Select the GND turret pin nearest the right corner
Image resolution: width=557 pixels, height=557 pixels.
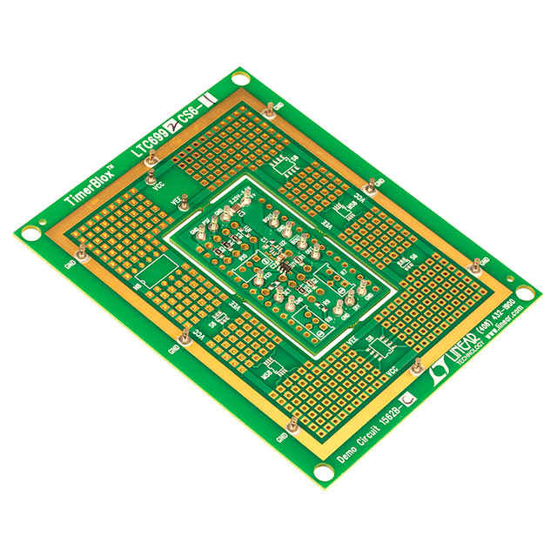[475, 265]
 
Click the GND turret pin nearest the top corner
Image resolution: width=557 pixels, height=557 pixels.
[271, 109]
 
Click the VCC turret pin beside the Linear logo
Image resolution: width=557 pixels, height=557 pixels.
[417, 364]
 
